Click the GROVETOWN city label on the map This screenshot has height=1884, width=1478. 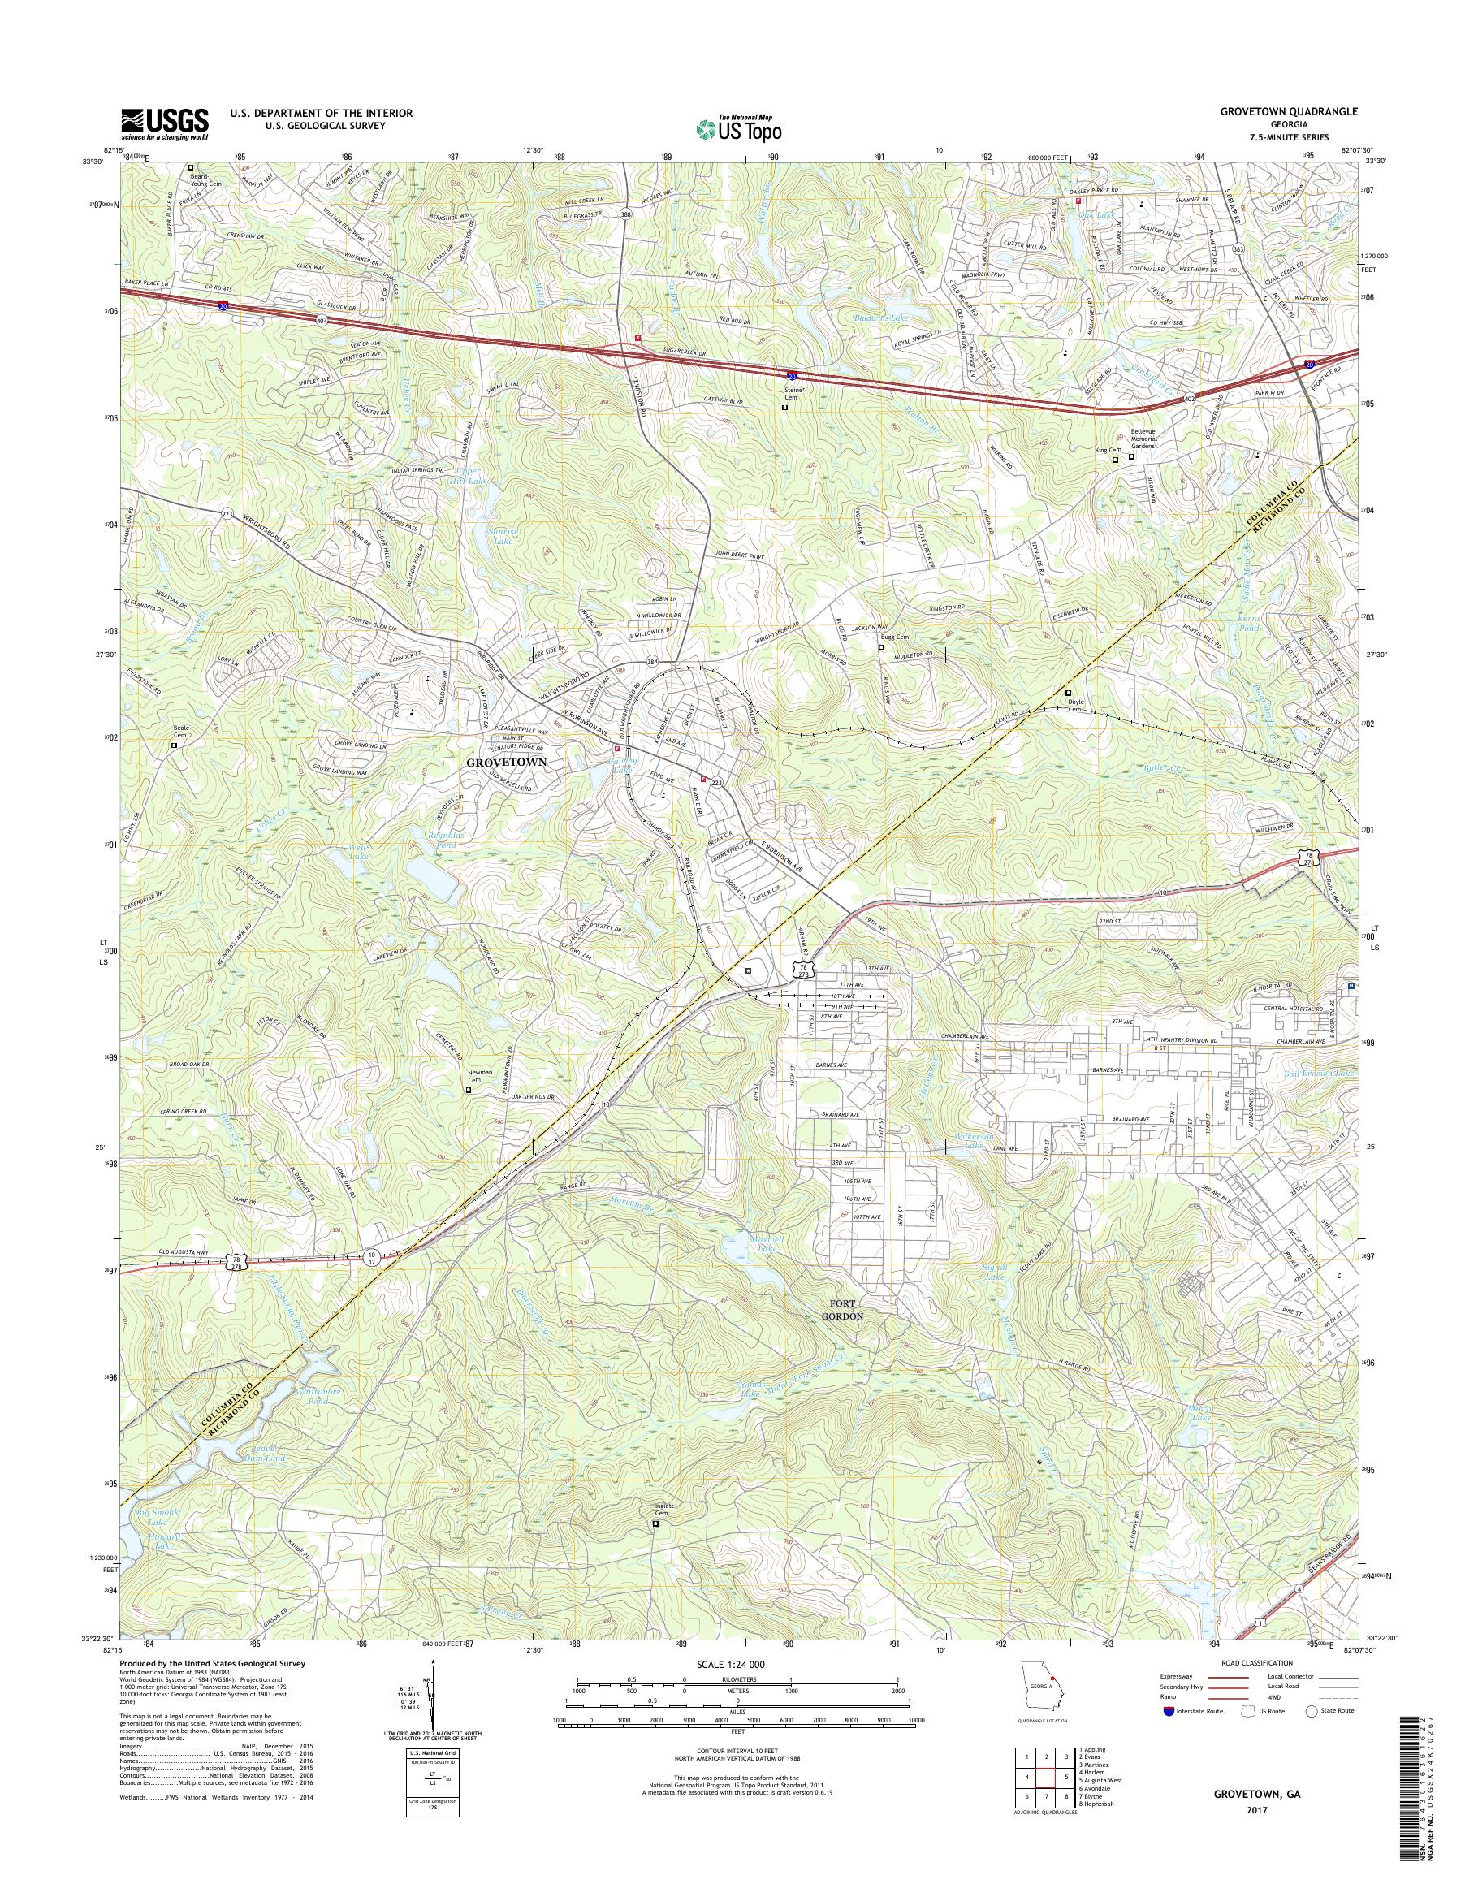(507, 763)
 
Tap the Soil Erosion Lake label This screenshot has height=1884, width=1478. (1321, 1073)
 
